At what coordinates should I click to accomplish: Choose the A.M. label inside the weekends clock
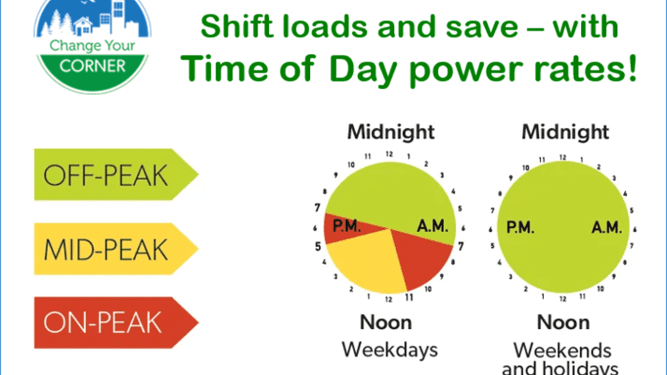pos(606,226)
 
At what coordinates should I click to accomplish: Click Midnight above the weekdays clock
pos(391,131)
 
